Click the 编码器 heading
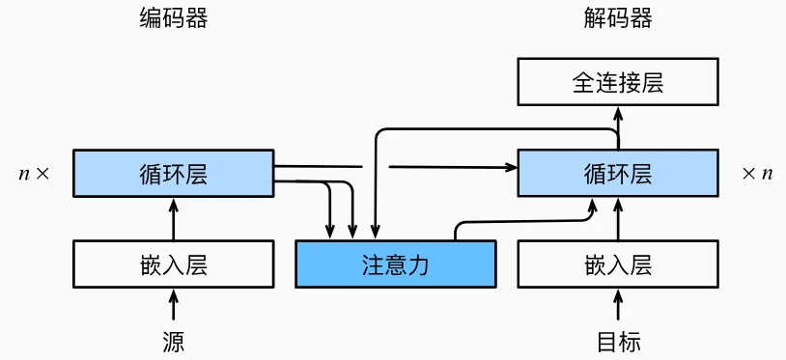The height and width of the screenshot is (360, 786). (x=173, y=19)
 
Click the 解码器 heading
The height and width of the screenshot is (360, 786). (x=618, y=19)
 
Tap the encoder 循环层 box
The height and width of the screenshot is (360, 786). (x=173, y=174)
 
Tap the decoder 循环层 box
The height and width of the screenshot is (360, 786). (x=618, y=174)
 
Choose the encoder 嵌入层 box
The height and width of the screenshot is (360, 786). (x=173, y=264)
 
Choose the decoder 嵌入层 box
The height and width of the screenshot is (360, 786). (x=618, y=264)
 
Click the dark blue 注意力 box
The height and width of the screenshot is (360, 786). (x=395, y=264)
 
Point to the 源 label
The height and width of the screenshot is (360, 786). (x=173, y=341)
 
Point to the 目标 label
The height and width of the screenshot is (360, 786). (x=618, y=341)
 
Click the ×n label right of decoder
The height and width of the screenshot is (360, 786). (x=758, y=175)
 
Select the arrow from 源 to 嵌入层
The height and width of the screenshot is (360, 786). (x=174, y=306)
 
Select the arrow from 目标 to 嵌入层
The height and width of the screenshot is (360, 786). (x=618, y=306)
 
